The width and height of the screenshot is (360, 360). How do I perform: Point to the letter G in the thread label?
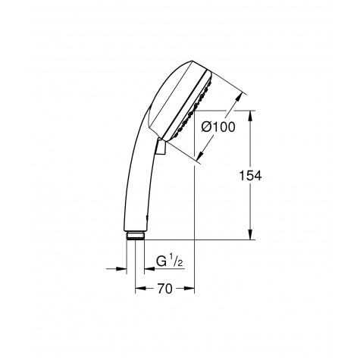click(160, 263)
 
